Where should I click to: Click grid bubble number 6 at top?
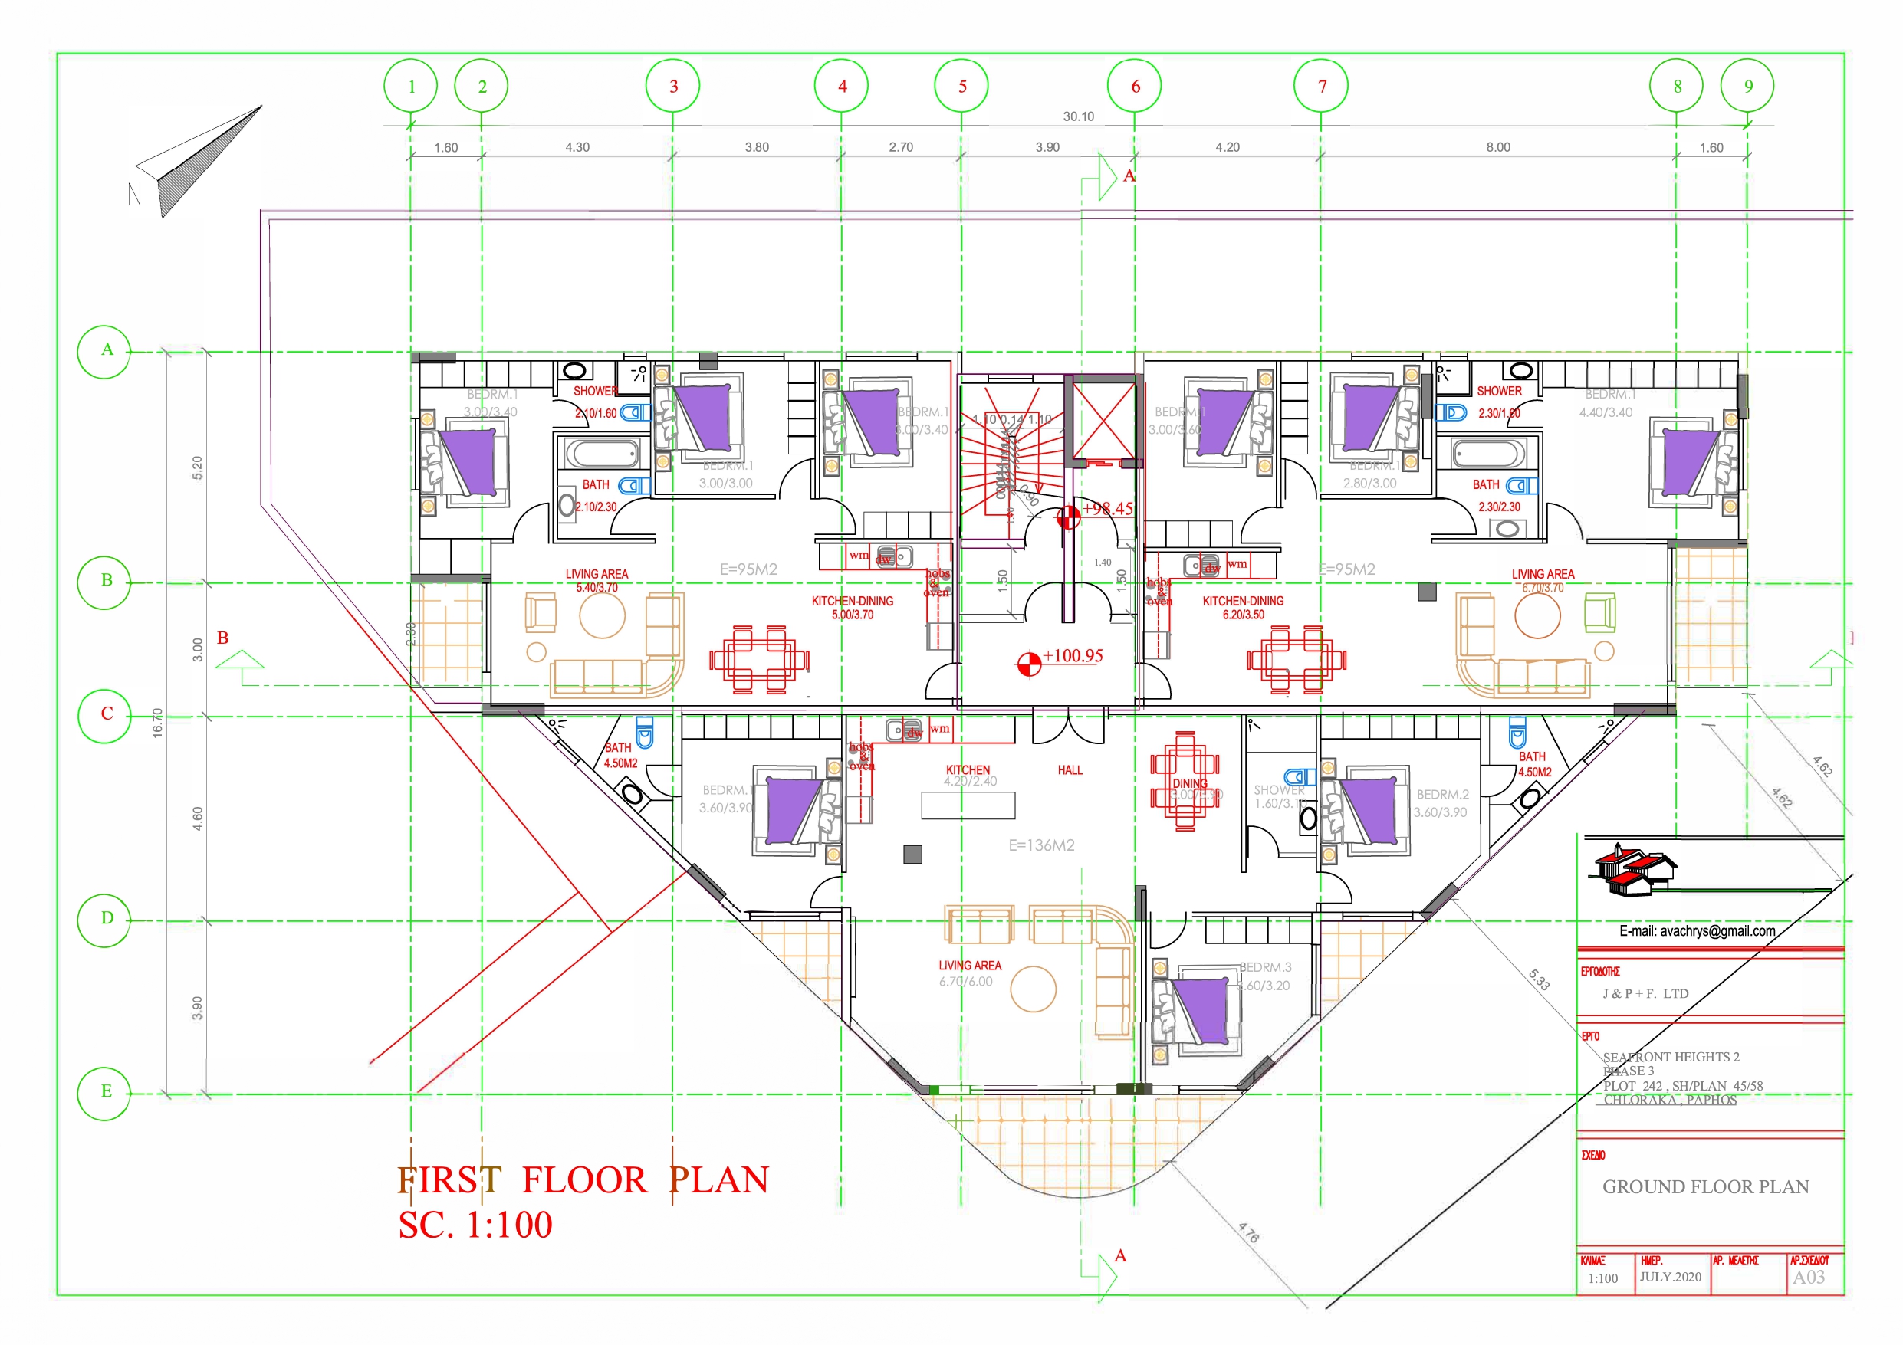pyautogui.click(x=1134, y=86)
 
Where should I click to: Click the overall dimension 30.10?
pyautogui.click(x=1077, y=116)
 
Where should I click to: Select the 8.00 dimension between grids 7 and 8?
pyautogui.click(x=1497, y=147)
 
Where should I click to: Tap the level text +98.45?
pyautogui.click(x=1107, y=509)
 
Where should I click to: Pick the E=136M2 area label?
pyautogui.click(x=1041, y=845)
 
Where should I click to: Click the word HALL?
pyautogui.click(x=1070, y=771)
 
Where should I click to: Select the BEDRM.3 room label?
pyautogui.click(x=1265, y=967)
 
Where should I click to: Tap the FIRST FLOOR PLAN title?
pyautogui.click(x=583, y=1180)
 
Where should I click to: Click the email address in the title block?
pyautogui.click(x=1697, y=931)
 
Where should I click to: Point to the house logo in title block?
pyautogui.click(x=1633, y=871)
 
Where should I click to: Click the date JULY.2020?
pyautogui.click(x=1669, y=1277)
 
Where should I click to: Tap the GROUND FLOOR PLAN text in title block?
pyautogui.click(x=1705, y=1186)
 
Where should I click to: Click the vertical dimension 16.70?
pyautogui.click(x=157, y=723)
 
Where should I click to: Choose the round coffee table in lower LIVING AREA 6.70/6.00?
pyautogui.click(x=1033, y=989)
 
